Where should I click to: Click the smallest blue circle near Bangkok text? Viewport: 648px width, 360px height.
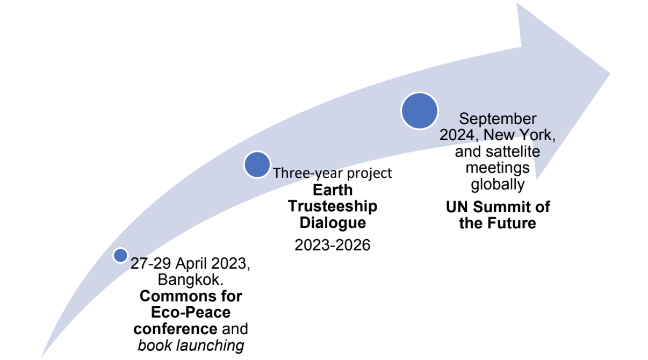click(x=121, y=255)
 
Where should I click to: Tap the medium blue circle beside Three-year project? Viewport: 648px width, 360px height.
click(x=257, y=164)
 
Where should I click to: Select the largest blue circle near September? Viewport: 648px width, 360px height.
click(x=420, y=111)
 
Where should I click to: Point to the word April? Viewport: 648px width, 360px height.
click(x=191, y=263)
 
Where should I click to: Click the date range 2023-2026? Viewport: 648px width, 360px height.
click(x=333, y=245)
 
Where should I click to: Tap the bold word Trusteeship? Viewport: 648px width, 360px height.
click(x=333, y=206)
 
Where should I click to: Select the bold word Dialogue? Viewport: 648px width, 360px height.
click(x=333, y=223)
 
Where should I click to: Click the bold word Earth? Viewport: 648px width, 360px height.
click(x=333, y=190)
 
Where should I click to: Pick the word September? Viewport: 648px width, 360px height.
click(x=498, y=119)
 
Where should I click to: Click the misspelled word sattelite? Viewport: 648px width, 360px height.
click(x=513, y=152)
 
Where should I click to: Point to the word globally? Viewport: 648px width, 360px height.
click(x=498, y=184)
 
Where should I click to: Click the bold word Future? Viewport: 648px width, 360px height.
click(x=512, y=223)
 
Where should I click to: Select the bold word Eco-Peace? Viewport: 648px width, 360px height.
click(x=191, y=313)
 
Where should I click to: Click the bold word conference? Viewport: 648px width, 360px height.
click(x=175, y=329)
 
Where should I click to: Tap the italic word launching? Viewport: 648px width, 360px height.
click(x=210, y=345)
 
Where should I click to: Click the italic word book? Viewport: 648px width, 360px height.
click(x=155, y=345)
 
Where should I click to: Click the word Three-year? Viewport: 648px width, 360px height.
click(x=308, y=174)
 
